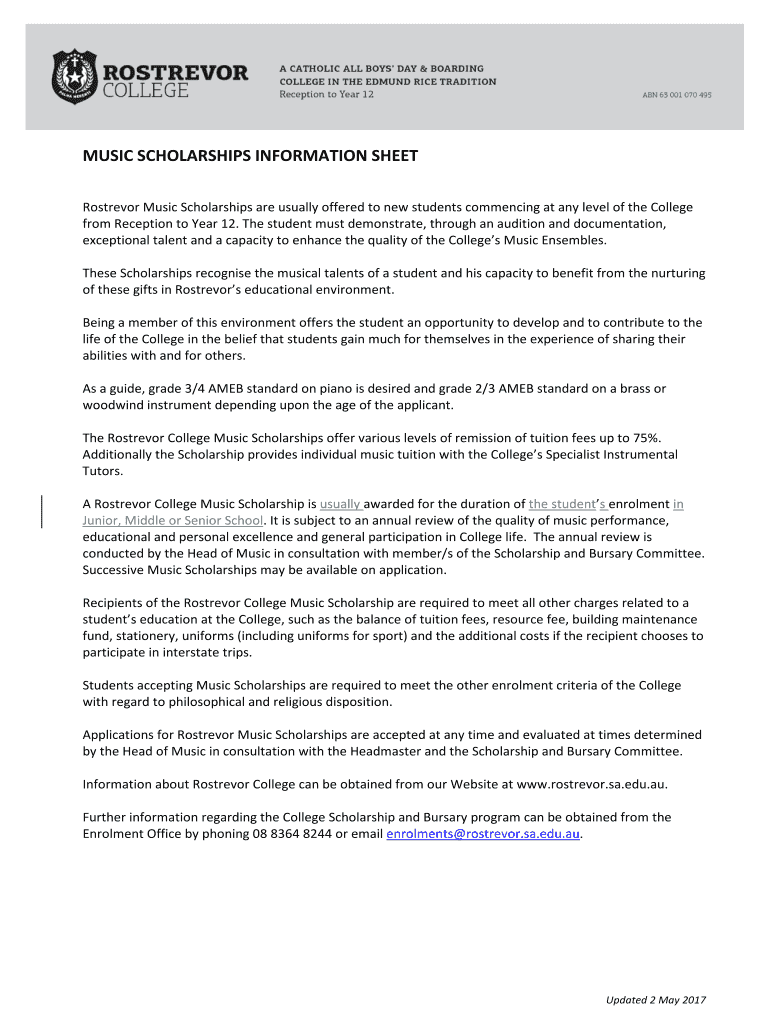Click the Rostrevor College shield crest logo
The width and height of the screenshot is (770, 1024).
(75, 77)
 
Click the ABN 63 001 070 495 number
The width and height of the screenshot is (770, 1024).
(676, 95)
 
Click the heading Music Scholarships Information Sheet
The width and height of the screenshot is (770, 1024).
(249, 156)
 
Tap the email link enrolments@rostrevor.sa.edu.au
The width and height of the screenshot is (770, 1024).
(483, 833)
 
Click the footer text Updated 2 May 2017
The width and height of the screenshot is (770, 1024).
(656, 1000)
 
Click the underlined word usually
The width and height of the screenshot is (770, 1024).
(340, 504)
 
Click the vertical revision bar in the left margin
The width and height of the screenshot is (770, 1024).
(41, 511)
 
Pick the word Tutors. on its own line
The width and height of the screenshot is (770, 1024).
(103, 471)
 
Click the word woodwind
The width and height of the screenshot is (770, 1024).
(112, 405)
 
